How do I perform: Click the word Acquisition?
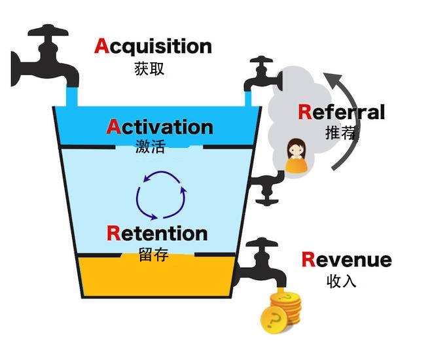153,46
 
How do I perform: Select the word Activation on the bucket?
159,126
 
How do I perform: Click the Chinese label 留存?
154,254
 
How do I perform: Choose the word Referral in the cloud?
341,112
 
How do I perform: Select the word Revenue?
346,260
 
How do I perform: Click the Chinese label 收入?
340,281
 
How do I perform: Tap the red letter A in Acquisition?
103,46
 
